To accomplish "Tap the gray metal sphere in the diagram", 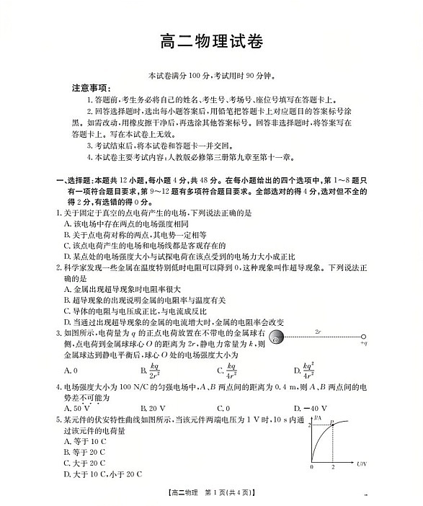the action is click(277, 337).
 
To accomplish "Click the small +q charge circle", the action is click(364, 337).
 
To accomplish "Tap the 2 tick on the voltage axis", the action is click(332, 467).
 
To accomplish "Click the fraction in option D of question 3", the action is click(308, 370).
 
